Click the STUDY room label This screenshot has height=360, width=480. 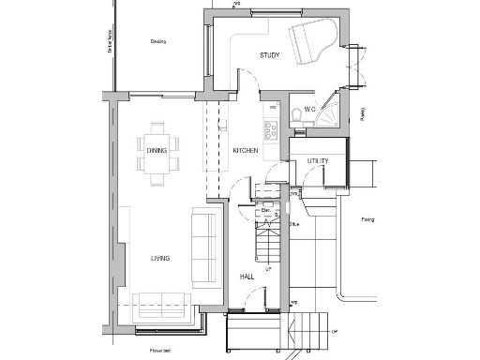point(270,55)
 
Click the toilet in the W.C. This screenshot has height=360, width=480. point(295,114)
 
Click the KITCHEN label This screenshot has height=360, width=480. point(246,151)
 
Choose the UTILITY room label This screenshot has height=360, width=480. point(319,161)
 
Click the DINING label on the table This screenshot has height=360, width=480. point(157,151)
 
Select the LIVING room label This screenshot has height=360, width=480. point(159,258)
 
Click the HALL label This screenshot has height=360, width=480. point(247,277)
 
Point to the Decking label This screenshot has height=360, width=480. point(157,41)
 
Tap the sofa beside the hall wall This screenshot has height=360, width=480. point(203,248)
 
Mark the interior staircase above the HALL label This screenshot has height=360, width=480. point(269,246)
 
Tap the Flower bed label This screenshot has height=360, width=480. point(157,351)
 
